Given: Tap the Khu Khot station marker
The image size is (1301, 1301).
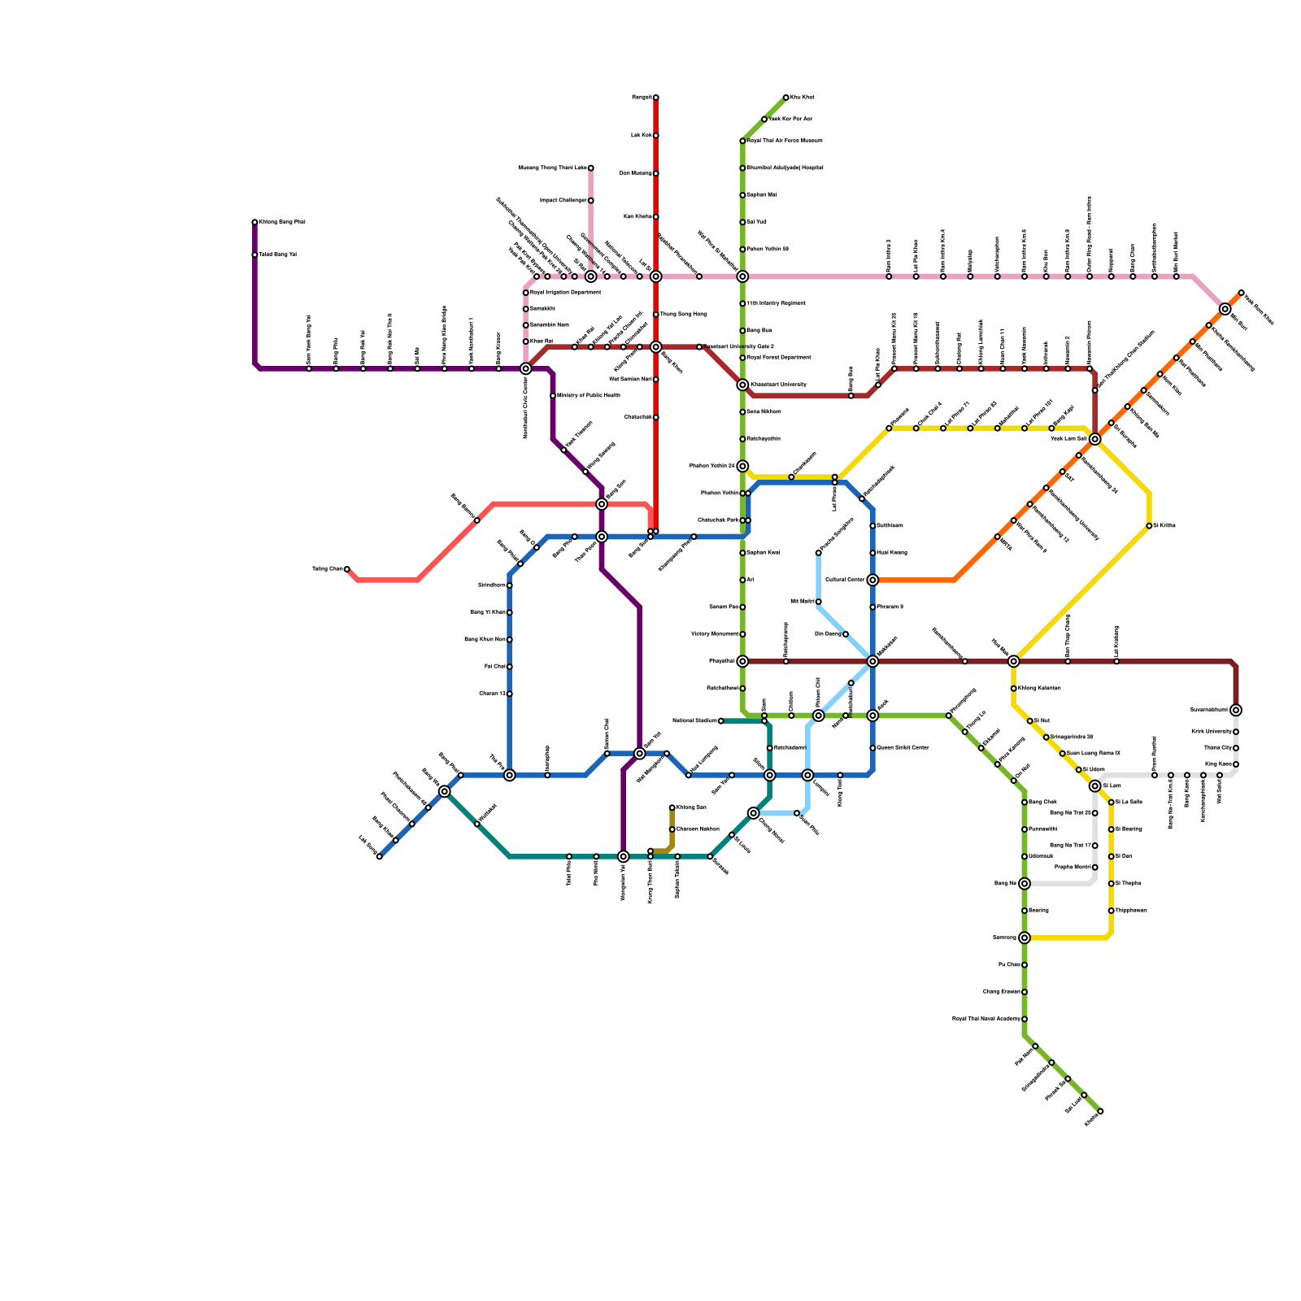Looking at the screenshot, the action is [x=785, y=98].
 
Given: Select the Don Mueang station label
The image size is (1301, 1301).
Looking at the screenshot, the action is [x=636, y=173].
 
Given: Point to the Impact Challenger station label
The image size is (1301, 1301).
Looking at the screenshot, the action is [x=563, y=200].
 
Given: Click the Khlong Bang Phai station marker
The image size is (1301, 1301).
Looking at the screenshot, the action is [x=255, y=222].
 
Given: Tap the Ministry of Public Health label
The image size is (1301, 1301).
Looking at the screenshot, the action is [x=589, y=396].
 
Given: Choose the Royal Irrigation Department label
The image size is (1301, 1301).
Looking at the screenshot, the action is [x=566, y=293].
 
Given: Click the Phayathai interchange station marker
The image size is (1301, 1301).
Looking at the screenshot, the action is [x=742, y=661].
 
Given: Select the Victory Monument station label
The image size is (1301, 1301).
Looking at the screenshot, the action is [x=715, y=634].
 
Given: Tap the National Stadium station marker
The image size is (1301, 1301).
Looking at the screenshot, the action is [x=720, y=720].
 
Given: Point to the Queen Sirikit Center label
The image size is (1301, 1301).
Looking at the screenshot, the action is [x=903, y=748].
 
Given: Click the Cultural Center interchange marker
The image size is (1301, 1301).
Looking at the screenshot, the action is [x=872, y=580].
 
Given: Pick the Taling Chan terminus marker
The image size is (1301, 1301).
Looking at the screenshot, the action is [x=346, y=569].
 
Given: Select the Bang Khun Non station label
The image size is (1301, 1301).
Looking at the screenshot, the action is [x=485, y=640].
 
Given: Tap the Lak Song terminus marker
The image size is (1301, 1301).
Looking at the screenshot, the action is [x=379, y=856].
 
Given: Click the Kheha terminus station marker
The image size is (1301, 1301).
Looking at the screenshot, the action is [x=1100, y=1111].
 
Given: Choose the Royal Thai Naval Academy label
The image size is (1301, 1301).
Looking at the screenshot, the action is [x=986, y=1019].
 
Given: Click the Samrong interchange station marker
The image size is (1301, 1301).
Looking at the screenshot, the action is [x=1025, y=938].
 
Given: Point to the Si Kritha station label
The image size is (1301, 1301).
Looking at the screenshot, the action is [x=1164, y=526].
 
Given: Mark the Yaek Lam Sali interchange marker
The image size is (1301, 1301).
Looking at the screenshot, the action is [x=1094, y=439].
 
